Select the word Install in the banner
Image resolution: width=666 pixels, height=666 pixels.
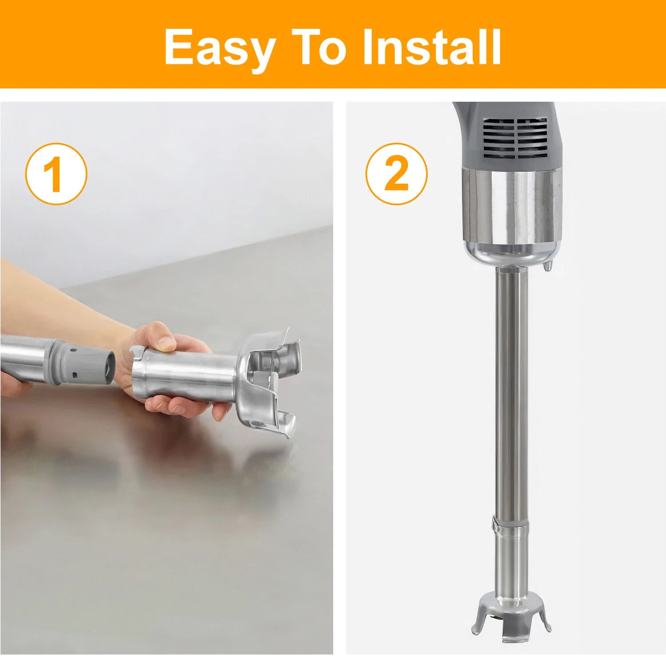[x=432, y=47]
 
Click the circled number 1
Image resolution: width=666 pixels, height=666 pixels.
[x=56, y=174]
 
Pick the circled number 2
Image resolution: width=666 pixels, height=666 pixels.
[x=396, y=174]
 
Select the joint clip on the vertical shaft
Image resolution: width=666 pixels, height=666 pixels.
[x=496, y=525]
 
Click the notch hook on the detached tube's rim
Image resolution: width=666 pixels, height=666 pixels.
[x=137, y=353]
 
